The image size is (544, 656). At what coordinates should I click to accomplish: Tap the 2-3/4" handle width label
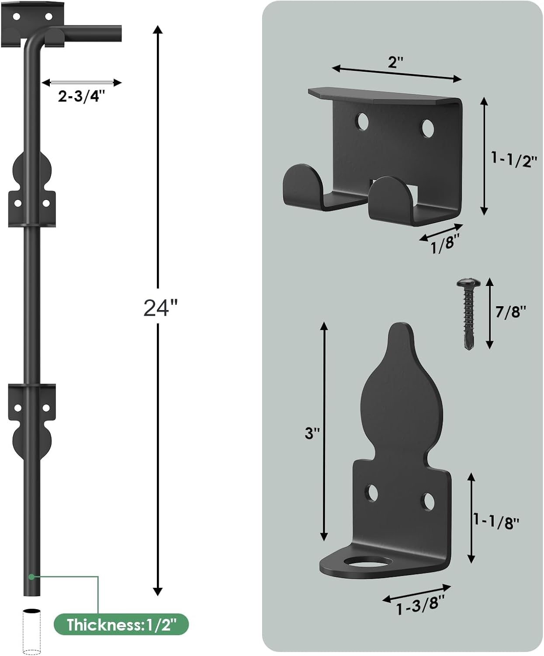82,96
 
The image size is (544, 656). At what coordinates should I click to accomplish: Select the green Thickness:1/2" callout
121,625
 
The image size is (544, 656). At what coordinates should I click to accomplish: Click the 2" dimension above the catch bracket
395,62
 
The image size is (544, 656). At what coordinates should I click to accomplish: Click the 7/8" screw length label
510,311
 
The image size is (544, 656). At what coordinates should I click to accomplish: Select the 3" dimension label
312,433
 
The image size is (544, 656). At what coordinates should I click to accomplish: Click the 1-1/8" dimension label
496,521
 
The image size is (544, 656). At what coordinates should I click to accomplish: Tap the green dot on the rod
31,577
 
